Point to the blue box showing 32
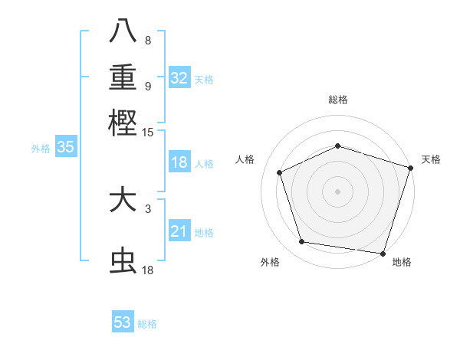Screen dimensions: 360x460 click(179, 78)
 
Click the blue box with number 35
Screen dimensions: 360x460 click(65, 148)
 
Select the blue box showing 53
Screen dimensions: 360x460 click(123, 322)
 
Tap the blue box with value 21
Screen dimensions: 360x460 click(179, 231)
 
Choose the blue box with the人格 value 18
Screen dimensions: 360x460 click(179, 162)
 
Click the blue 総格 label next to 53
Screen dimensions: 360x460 click(147, 324)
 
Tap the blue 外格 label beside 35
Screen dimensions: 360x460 click(41, 149)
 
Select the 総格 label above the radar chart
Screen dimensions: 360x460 click(337, 100)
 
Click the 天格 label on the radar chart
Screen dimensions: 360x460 click(431, 159)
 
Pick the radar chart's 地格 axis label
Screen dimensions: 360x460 click(402, 262)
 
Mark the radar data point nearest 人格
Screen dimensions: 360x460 click(280, 172)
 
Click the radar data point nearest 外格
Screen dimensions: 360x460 click(302, 242)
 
